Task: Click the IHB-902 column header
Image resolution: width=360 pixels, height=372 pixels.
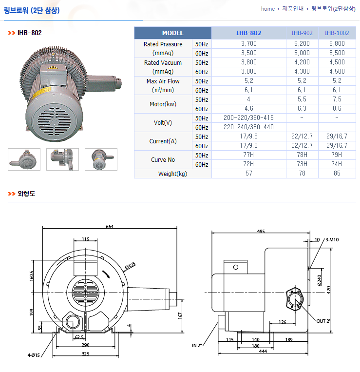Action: pyautogui.click(x=302, y=33)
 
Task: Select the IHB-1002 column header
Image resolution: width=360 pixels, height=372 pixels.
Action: pyautogui.click(x=337, y=33)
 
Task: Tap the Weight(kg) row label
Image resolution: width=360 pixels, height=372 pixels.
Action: pyautogui.click(x=172, y=174)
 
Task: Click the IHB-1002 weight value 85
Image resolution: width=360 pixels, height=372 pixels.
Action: pyautogui.click(x=337, y=174)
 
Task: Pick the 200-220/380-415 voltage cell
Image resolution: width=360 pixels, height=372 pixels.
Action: pyautogui.click(x=248, y=118)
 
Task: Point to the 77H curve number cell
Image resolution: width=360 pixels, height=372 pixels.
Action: pyautogui.click(x=248, y=155)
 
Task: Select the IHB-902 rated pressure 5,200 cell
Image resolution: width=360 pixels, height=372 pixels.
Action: pyautogui.click(x=302, y=44)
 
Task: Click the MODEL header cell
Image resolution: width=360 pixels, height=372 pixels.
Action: pyautogui.click(x=173, y=33)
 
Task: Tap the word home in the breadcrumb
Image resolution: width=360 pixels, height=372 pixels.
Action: pyautogui.click(x=268, y=9)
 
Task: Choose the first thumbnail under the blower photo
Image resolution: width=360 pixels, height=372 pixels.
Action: pyautogui.click(x=24, y=159)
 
